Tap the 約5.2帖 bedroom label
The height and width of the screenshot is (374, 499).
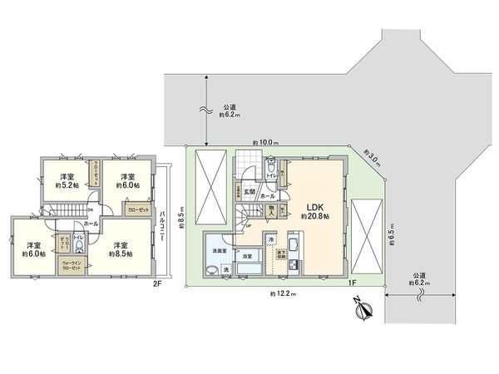68,180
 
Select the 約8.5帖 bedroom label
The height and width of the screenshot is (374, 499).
121,250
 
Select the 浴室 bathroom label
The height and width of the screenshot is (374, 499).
248,258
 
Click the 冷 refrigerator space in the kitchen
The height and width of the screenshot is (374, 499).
270,240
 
